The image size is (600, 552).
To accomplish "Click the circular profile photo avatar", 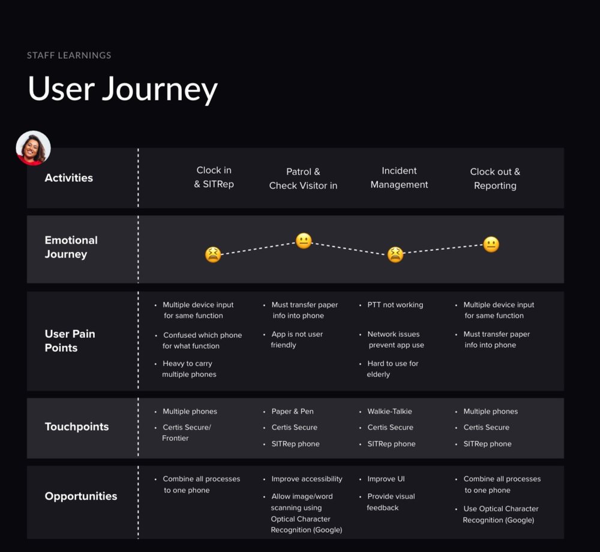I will [x=33, y=148].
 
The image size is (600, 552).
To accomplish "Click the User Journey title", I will [x=122, y=89].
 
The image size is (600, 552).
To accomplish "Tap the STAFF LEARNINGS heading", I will [x=69, y=55].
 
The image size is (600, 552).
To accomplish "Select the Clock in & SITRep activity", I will [x=214, y=178].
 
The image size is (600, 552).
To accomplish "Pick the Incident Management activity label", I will [x=399, y=178].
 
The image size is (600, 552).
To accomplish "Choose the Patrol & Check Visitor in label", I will [x=303, y=179].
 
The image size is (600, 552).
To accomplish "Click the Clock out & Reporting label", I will [x=495, y=179].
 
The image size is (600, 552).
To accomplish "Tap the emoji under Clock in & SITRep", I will [x=212, y=254].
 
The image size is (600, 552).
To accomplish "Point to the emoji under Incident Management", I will [x=395, y=254].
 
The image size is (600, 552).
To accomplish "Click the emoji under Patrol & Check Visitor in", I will [x=304, y=241].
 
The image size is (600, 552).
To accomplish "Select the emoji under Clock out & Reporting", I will [x=491, y=245].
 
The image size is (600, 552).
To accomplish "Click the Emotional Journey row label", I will [x=71, y=247].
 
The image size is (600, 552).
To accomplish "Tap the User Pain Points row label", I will [x=70, y=341].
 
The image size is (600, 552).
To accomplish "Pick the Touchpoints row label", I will [x=77, y=427].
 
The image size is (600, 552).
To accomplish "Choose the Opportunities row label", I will [x=80, y=496].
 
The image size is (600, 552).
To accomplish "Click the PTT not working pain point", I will [x=395, y=305].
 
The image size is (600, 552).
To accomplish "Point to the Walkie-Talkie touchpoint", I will [x=389, y=412].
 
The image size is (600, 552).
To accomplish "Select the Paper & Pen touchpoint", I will [x=292, y=412].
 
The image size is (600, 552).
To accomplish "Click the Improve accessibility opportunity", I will [x=307, y=479].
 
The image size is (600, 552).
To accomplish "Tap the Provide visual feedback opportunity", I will [x=391, y=502].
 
